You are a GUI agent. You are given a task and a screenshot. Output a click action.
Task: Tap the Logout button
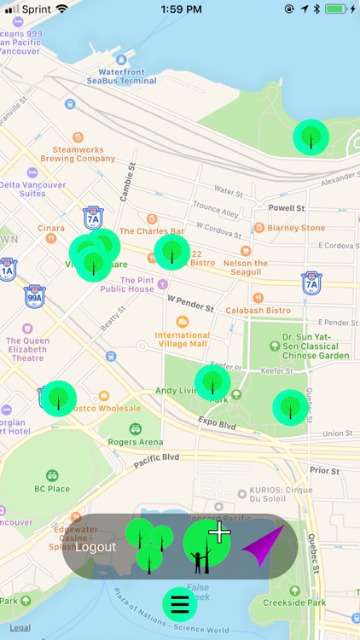(96, 547)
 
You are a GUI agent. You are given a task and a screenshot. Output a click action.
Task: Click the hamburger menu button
(180, 603)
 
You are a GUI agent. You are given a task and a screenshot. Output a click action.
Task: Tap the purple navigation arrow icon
(263, 546)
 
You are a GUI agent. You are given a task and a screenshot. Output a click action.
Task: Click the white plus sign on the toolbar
(219, 532)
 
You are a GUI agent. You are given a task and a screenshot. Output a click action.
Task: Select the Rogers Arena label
(136, 442)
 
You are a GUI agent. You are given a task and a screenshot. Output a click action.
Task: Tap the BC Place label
(52, 488)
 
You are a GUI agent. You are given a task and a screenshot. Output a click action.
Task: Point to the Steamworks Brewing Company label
(78, 154)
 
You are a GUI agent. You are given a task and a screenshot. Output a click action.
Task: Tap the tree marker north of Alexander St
(311, 137)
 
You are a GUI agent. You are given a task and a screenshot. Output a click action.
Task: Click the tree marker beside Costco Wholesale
(59, 398)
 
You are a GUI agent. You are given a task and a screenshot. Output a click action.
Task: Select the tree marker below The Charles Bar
(171, 252)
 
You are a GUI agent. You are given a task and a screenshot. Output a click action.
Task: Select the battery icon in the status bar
(334, 9)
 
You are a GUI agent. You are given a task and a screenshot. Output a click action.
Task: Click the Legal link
(20, 627)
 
